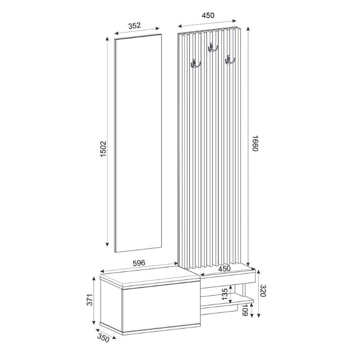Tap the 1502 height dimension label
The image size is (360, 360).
103,149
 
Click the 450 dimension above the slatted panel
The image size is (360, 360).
208,15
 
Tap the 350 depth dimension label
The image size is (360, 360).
104,339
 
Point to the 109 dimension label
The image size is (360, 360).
245,310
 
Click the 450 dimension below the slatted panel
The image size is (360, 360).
224,269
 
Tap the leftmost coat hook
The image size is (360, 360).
195,64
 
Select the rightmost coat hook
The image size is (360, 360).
230,60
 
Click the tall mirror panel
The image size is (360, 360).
137,144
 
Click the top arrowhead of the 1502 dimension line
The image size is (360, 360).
107,39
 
